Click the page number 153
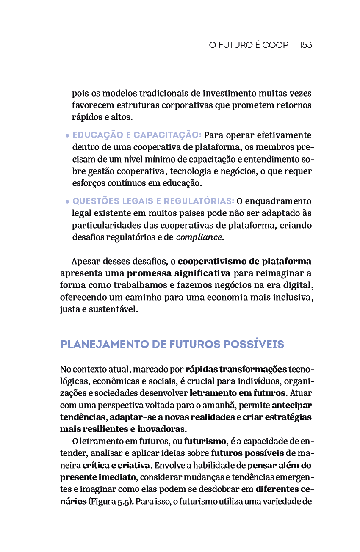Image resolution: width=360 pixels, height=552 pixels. [x=305, y=45]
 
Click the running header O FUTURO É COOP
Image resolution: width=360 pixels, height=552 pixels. [x=249, y=45]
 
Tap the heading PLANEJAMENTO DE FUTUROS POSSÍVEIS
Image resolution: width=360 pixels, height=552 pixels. [x=172, y=344]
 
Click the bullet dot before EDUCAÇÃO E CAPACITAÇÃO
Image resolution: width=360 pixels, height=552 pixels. [x=67, y=136]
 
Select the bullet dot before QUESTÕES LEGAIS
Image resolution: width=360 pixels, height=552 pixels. [x=67, y=202]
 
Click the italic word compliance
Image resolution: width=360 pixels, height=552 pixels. [x=199, y=237]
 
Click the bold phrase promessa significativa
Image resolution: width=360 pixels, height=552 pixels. [x=178, y=273]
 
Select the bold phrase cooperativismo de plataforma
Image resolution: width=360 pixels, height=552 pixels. [x=244, y=261]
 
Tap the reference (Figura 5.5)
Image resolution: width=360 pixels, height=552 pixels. [x=110, y=502]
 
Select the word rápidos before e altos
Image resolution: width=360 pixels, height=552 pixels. [x=86, y=117]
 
